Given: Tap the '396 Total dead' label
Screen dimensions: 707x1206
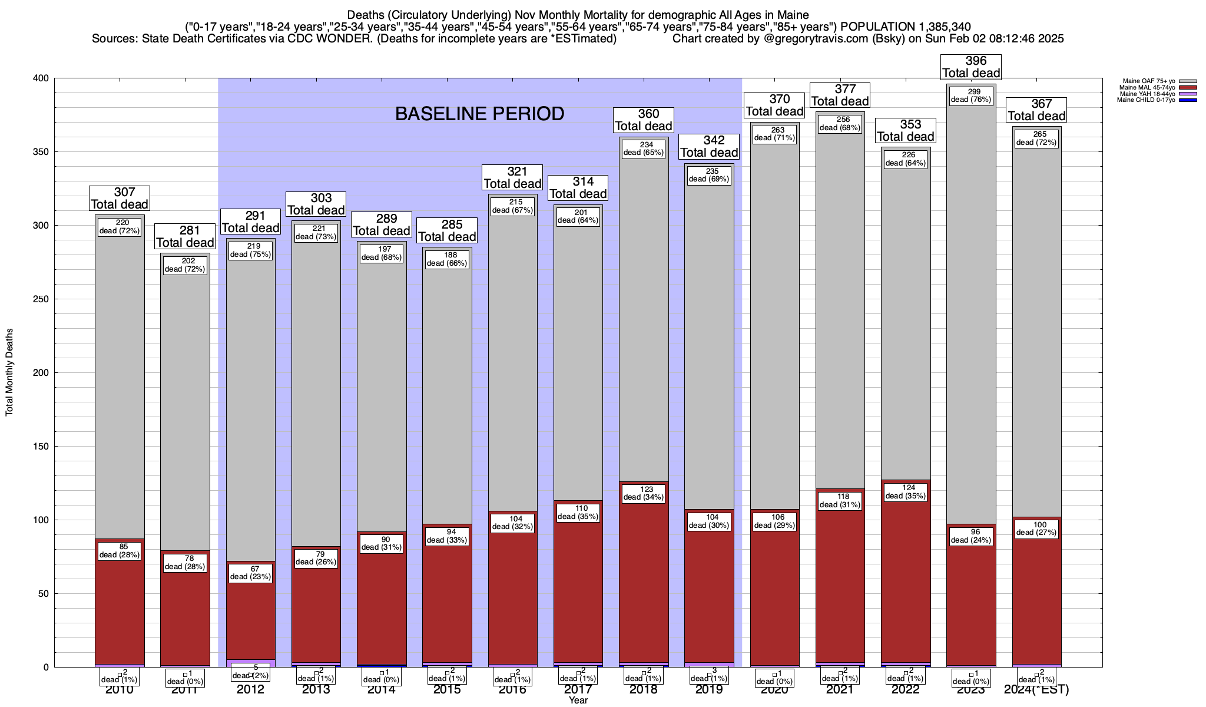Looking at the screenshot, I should click(x=971, y=67).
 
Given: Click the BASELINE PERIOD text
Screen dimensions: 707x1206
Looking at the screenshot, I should click(x=479, y=114).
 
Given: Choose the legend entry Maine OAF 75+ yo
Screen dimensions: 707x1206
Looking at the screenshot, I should click(x=1148, y=81).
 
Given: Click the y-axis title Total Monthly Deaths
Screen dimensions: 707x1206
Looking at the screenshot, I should click(x=9, y=372).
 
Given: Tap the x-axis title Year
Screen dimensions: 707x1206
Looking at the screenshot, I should click(x=578, y=701).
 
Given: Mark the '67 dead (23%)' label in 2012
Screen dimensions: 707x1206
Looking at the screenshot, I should click(x=251, y=573).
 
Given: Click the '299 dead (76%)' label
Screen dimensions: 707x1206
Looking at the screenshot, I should click(x=972, y=95).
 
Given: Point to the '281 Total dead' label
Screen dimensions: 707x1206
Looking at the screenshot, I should click(x=185, y=237).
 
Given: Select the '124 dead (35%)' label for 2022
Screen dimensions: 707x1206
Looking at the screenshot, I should click(x=906, y=492).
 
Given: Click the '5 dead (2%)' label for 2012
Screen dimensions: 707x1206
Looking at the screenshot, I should click(x=251, y=672).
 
